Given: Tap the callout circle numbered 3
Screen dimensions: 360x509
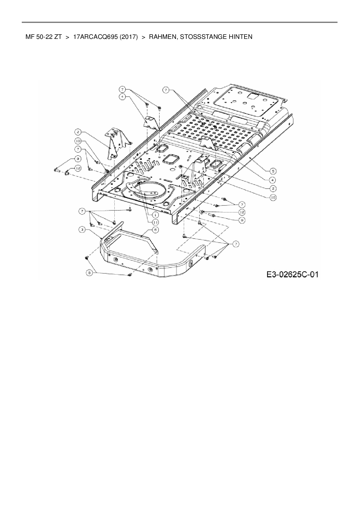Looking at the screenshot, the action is (82, 230).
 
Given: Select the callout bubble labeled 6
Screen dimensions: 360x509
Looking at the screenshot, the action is (156, 230).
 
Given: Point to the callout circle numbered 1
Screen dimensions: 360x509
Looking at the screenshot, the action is (156, 215).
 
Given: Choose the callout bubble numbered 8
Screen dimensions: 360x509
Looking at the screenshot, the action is (90, 273).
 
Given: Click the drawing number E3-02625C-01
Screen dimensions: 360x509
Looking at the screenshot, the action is (293, 274).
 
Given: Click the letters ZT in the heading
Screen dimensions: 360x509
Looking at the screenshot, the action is (57, 37).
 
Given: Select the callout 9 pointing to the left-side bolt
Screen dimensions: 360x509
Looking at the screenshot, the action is (78, 159).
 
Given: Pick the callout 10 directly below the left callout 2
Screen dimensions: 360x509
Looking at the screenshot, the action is (78, 141).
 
